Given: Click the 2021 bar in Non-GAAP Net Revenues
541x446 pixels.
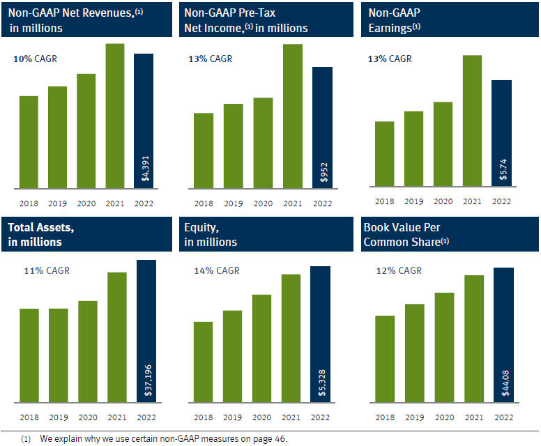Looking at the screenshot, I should [x=114, y=116].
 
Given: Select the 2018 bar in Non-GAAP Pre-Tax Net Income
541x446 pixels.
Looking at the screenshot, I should [x=204, y=150].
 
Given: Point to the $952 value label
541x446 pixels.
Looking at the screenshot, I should [x=323, y=172].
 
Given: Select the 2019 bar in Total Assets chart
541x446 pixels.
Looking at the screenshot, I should [x=58, y=355].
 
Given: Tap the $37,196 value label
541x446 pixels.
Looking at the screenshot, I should [x=146, y=380].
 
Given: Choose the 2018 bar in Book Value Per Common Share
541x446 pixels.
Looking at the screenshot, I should [x=385, y=358].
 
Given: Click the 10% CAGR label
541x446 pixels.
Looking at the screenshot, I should [x=35, y=59].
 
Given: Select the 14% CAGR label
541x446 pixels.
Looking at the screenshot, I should [x=215, y=270].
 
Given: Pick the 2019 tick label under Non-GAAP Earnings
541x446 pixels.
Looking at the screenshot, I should [x=413, y=201].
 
